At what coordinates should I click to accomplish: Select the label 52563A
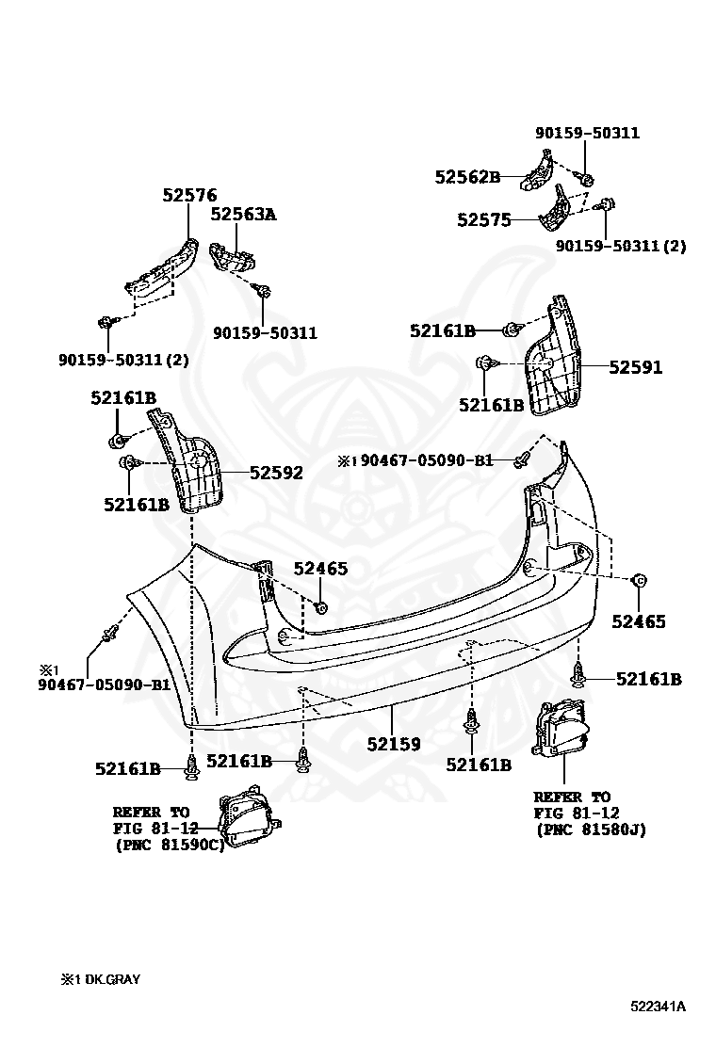coord(243,214)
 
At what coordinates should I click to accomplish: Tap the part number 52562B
coord(466,176)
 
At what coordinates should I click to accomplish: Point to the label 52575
coord(483,220)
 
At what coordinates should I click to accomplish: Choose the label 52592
coord(276,473)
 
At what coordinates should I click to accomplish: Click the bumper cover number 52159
coord(394,744)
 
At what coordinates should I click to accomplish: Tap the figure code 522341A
coord(659,1007)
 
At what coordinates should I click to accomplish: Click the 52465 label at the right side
coord(638,621)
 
